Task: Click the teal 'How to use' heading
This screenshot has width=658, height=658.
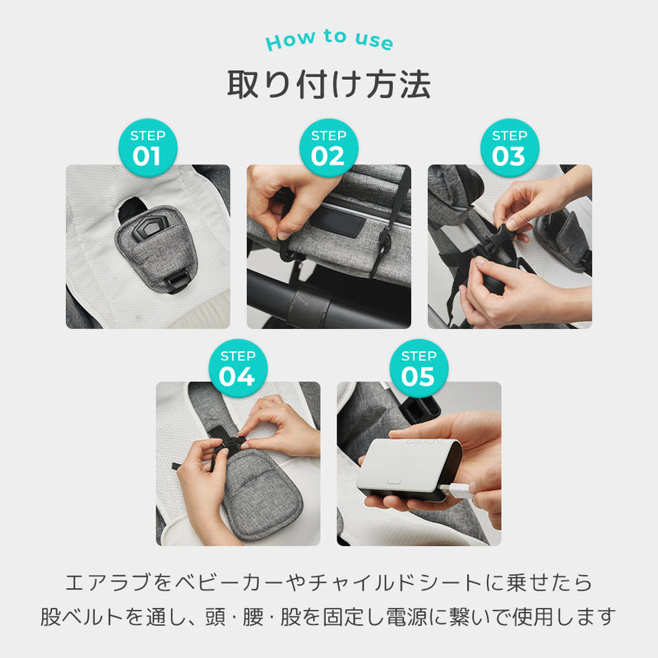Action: [x=330, y=39]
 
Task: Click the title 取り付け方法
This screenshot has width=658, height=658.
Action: [x=329, y=85]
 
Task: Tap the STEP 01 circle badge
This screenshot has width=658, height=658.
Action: [x=148, y=148]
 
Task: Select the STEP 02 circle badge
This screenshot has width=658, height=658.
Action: [x=328, y=148]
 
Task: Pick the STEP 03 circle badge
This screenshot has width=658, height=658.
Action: [x=509, y=148]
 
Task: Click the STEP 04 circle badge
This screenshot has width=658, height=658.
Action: [x=238, y=368]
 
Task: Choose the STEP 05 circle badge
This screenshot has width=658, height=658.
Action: [x=419, y=368]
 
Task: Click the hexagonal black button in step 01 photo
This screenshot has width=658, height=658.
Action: [x=151, y=229]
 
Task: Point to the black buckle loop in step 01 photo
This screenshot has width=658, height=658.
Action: [x=178, y=280]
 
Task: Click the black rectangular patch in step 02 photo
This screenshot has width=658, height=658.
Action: [x=337, y=221]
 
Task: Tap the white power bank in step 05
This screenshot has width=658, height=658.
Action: [x=408, y=469]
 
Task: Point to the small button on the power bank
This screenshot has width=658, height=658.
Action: [x=395, y=481]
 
